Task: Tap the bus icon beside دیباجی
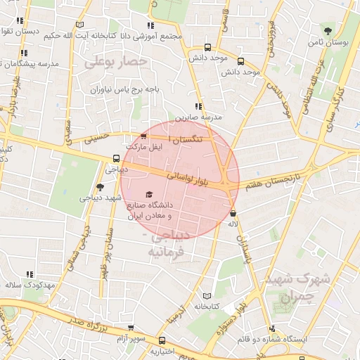click(116, 158)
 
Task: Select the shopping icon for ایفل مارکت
click(144, 136)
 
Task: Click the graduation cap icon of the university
click(148, 194)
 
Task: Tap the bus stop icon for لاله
click(233, 213)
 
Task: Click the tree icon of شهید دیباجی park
click(99, 187)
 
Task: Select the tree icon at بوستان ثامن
click(328, 30)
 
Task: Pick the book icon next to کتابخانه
click(206, 295)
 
